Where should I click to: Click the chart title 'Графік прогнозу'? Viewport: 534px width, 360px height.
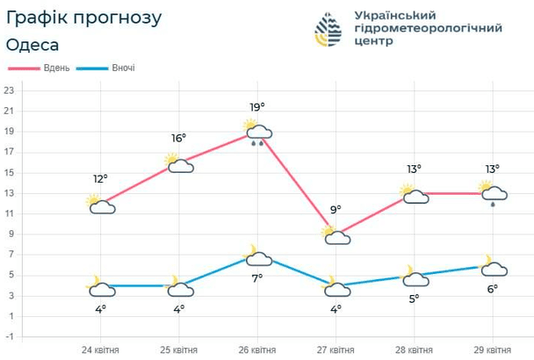click(x=83, y=18)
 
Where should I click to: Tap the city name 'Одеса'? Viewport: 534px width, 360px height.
click(x=32, y=45)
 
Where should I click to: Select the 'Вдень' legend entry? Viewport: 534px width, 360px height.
click(x=42, y=68)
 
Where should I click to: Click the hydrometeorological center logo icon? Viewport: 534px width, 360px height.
click(x=329, y=29)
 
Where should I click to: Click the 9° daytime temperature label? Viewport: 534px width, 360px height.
click(x=336, y=210)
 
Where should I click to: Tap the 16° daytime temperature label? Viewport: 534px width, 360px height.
click(x=179, y=139)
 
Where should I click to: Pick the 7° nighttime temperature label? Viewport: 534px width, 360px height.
click(x=258, y=278)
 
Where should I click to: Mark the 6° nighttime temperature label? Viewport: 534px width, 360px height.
click(x=493, y=288)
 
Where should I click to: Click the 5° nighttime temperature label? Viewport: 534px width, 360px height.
click(x=415, y=299)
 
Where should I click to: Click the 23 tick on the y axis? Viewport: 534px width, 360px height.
click(x=9, y=90)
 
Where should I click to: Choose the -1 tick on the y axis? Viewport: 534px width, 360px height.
click(x=9, y=336)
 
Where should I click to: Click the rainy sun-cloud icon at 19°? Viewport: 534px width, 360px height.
click(x=257, y=132)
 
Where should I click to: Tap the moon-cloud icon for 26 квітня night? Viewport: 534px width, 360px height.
click(x=257, y=256)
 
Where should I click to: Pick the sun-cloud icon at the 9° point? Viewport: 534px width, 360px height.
click(x=336, y=234)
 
